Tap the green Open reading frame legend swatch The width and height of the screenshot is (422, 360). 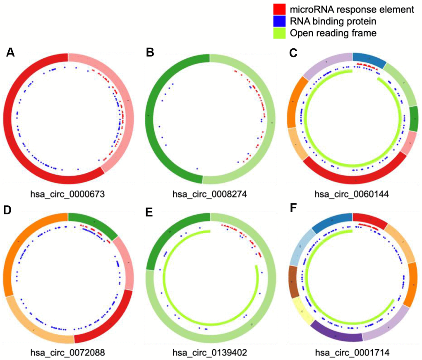[x=279, y=33]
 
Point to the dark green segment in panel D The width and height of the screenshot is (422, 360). [x=93, y=223]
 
